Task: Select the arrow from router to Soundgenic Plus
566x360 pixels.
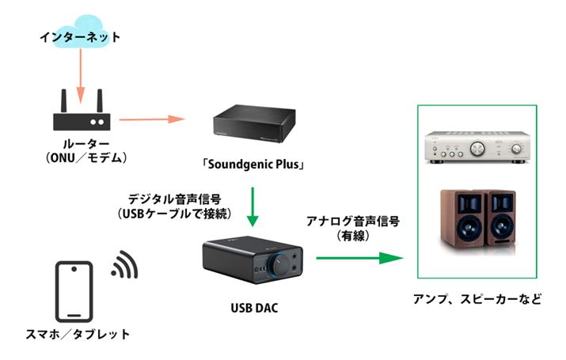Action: pos(150,120)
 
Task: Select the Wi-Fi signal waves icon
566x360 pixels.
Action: pos(124,267)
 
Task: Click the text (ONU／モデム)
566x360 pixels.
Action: pos(76,157)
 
